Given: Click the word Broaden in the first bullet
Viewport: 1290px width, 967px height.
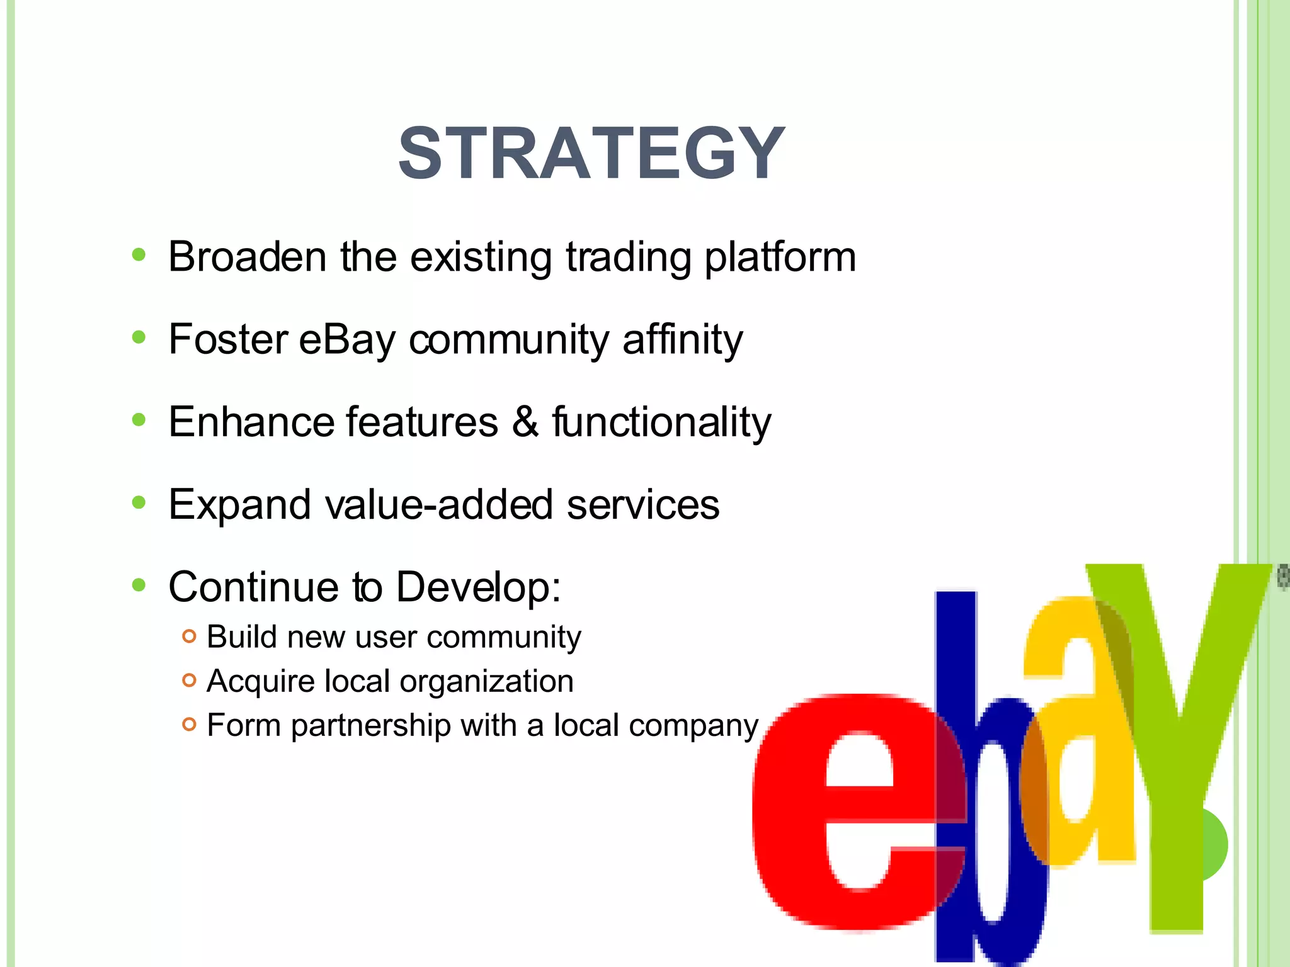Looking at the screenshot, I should click(247, 257).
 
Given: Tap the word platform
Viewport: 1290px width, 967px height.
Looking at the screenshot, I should click(780, 258).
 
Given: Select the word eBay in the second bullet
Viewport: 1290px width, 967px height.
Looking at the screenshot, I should click(346, 340).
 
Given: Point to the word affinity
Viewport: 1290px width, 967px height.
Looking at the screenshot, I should click(682, 340).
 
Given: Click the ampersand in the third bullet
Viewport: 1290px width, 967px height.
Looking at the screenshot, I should click(525, 422).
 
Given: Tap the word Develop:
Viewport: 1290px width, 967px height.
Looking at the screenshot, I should click(478, 587).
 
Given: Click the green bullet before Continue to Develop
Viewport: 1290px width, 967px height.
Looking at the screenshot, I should click(139, 585).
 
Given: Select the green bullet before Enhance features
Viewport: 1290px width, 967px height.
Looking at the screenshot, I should click(139, 420).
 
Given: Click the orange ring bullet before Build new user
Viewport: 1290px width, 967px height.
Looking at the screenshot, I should click(189, 636).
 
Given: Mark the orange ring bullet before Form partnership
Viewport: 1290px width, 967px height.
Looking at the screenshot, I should click(189, 724).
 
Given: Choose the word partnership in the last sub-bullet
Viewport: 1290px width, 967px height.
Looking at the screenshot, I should click(370, 726).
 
